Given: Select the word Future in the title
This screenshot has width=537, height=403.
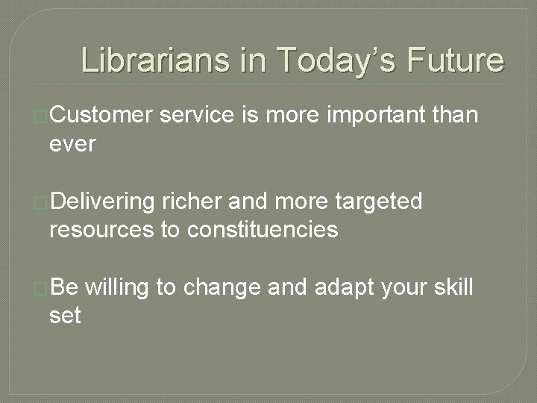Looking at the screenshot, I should (x=456, y=60).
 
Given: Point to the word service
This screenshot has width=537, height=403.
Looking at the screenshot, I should (x=197, y=116).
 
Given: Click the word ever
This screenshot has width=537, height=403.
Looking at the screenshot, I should (x=72, y=143).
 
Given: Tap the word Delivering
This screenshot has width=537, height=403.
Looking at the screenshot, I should (x=103, y=202).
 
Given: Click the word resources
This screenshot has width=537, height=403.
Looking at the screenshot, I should (x=101, y=230).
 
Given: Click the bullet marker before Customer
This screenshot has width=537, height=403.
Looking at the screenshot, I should (x=42, y=116).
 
